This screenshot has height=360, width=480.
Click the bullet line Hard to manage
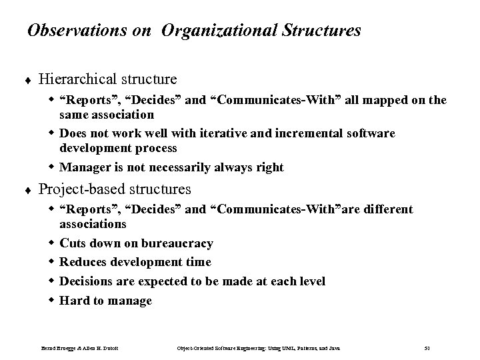105,301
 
